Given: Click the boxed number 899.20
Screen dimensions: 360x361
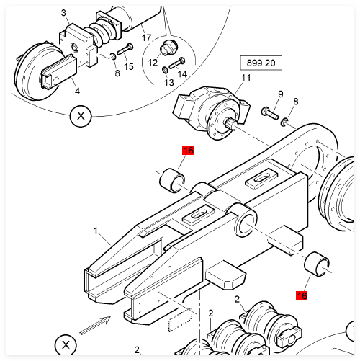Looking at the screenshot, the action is click(261, 63).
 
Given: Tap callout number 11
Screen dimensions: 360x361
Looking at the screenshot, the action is click(246, 78).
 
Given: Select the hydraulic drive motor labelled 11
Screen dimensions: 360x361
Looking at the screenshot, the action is click(211, 112).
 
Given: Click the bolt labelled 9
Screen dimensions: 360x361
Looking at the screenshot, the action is click(270, 113).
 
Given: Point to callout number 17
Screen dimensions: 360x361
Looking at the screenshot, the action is click(146, 37).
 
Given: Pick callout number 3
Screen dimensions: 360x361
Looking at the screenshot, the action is click(63, 13).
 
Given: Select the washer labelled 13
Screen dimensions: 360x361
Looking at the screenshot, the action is click(165, 70).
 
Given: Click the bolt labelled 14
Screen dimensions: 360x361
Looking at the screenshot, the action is click(177, 63).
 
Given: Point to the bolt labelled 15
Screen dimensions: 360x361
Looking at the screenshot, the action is click(125, 49).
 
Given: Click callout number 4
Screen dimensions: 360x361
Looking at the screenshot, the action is click(77, 91).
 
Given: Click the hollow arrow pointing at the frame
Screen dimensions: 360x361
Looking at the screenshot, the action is click(95, 326).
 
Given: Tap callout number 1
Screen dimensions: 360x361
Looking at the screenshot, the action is click(96, 231).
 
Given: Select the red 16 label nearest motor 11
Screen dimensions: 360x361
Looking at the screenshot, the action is click(188, 151).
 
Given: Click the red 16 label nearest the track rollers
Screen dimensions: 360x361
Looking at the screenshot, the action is click(302, 295).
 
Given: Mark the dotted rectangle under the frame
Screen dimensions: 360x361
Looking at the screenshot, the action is click(181, 320).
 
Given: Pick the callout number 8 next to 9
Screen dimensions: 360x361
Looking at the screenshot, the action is click(296, 102).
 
